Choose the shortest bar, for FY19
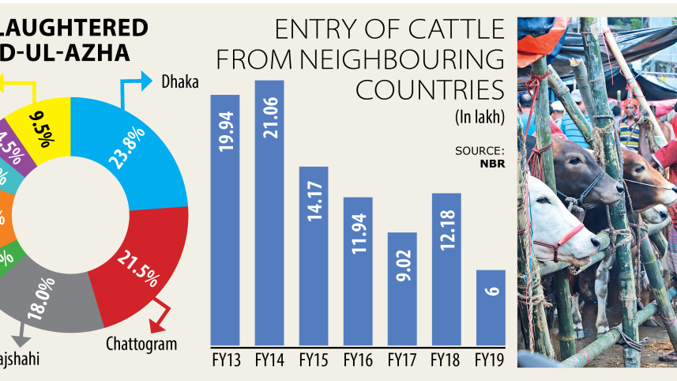coord(491,307)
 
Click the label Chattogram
coord(141,343)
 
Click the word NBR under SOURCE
coord(491,164)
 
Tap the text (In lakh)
coord(480,118)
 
